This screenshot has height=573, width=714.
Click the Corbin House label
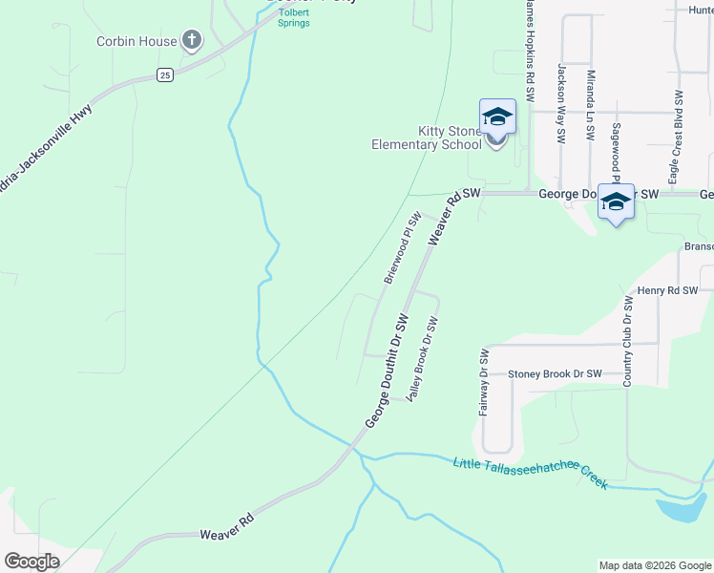coord(136,41)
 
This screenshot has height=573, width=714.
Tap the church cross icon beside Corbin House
coord(192,40)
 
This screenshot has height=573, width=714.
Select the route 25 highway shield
coord(165,74)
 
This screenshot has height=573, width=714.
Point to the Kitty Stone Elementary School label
coord(426,138)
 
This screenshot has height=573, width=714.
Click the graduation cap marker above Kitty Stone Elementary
coord(497,117)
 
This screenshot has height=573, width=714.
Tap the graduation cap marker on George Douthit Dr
coord(616,202)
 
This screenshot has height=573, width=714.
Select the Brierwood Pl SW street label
coord(402,248)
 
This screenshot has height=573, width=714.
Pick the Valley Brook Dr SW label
coord(421,359)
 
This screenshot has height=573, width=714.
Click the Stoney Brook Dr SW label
coord(555,374)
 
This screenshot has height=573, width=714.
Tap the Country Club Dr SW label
coord(628,341)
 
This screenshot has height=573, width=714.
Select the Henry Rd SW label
coord(668,290)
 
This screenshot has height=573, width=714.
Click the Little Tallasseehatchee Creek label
coord(530,473)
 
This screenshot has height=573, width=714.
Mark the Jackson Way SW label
coord(561,103)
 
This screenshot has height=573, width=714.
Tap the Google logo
coord(31,562)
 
